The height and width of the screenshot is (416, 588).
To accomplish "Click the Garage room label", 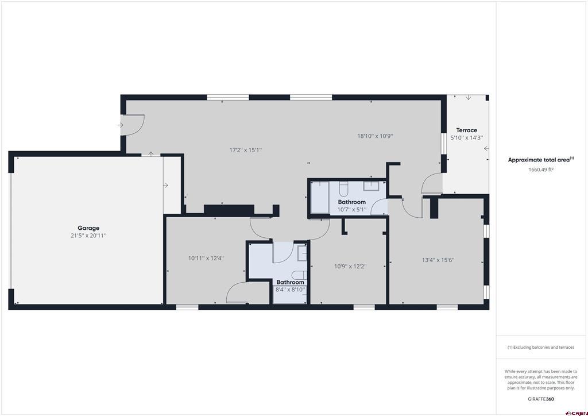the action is point(88,228).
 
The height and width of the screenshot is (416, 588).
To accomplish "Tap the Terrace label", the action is point(466,130).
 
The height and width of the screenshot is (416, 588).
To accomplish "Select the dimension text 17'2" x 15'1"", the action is point(246,150).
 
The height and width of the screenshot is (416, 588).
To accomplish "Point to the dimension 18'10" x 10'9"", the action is point(375,136).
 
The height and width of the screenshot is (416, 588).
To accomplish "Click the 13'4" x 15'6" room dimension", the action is point(438,260).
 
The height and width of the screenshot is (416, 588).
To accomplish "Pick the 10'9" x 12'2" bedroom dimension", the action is point(350,267).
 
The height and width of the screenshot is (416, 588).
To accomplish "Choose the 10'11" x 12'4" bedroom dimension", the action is point(206,259).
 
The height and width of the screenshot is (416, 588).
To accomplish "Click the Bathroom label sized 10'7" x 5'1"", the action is point(352,202).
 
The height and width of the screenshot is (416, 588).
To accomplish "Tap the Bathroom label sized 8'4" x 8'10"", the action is point(290,283).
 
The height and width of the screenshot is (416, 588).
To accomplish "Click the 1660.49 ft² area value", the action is point(541,170).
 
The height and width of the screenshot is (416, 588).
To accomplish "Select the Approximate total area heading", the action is point(541,160).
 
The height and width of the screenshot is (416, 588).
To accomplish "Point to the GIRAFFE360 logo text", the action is point(541,399).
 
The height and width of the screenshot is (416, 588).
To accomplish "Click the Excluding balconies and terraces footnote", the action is point(541,348).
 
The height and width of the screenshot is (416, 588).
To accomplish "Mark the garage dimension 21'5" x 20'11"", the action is point(88,236).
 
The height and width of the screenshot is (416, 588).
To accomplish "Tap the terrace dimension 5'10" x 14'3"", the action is point(466,138).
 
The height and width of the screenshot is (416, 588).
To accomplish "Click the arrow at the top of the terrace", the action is point(469,98).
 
